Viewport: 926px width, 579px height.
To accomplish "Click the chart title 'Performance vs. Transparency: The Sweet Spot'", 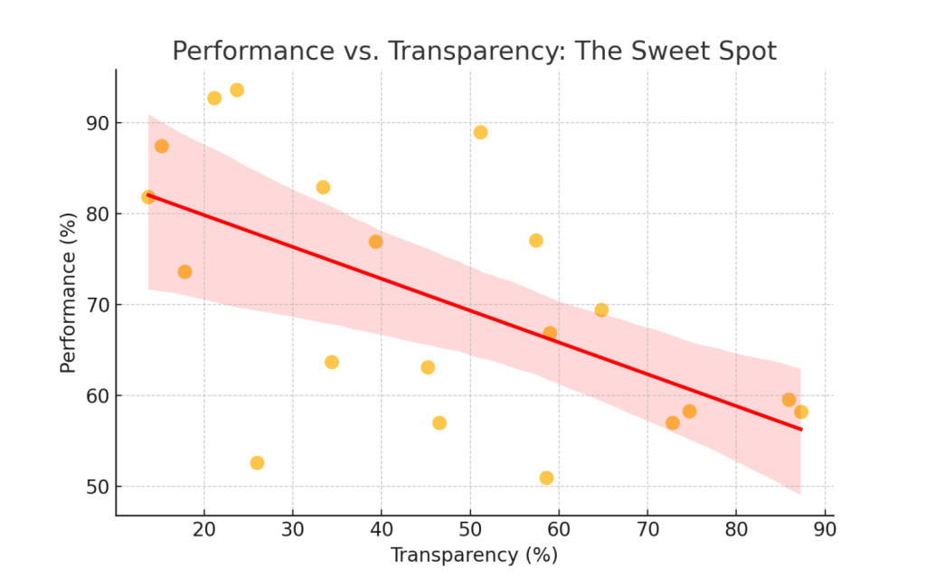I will pyautogui.click(x=474, y=51).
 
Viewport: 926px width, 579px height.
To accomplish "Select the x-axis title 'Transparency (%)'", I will pyautogui.click(x=474, y=555).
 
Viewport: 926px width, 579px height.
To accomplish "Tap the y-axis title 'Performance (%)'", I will pyautogui.click(x=68, y=291).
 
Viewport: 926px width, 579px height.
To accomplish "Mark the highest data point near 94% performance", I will pyautogui.click(x=237, y=90).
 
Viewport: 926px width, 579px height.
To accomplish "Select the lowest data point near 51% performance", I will pyautogui.click(x=546, y=478).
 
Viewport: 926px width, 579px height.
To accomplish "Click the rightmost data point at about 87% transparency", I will pyautogui.click(x=800, y=413).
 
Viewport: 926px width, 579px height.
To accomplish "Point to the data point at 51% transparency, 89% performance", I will pyautogui.click(x=480, y=132).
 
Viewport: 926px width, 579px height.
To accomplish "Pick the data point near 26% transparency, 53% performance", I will pyautogui.click(x=257, y=463).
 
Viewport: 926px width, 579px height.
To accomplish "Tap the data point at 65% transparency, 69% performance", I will pyautogui.click(x=601, y=310).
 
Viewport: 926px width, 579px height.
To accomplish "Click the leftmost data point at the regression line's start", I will pyautogui.click(x=148, y=197).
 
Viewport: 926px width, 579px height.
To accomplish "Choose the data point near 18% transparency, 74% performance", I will pyautogui.click(x=184, y=272).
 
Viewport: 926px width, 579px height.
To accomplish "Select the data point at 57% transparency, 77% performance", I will pyautogui.click(x=536, y=241).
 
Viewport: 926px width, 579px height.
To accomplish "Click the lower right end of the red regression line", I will pyautogui.click(x=800, y=429).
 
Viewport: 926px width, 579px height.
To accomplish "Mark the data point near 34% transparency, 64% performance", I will pyautogui.click(x=332, y=362).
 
